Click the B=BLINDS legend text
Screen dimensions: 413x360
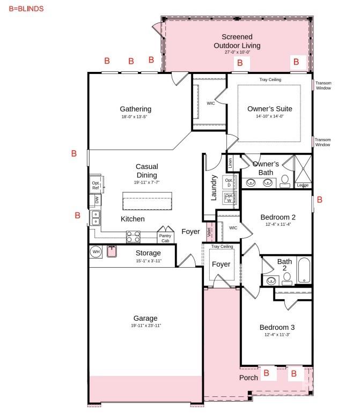(x=26, y=9)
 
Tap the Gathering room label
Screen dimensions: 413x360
(x=135, y=109)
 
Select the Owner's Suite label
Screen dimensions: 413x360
(x=269, y=108)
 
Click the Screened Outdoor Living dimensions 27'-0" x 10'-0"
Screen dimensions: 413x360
(x=237, y=53)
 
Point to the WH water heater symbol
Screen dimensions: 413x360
(x=96, y=252)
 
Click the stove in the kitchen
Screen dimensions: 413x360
(x=133, y=237)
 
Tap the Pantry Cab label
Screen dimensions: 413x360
(x=164, y=238)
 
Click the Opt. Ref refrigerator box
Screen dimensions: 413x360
(x=95, y=185)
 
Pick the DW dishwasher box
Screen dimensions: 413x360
(x=97, y=201)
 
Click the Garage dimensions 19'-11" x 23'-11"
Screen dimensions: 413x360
(x=146, y=326)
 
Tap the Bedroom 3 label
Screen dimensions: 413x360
(x=277, y=327)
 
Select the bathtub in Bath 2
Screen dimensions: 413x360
(x=304, y=271)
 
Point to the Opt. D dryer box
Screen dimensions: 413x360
(x=229, y=183)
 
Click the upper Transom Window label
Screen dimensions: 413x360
(x=323, y=85)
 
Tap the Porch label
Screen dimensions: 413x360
(x=248, y=378)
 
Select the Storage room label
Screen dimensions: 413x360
(x=148, y=253)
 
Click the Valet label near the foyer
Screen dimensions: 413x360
(x=209, y=231)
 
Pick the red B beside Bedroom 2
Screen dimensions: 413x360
(x=320, y=200)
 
